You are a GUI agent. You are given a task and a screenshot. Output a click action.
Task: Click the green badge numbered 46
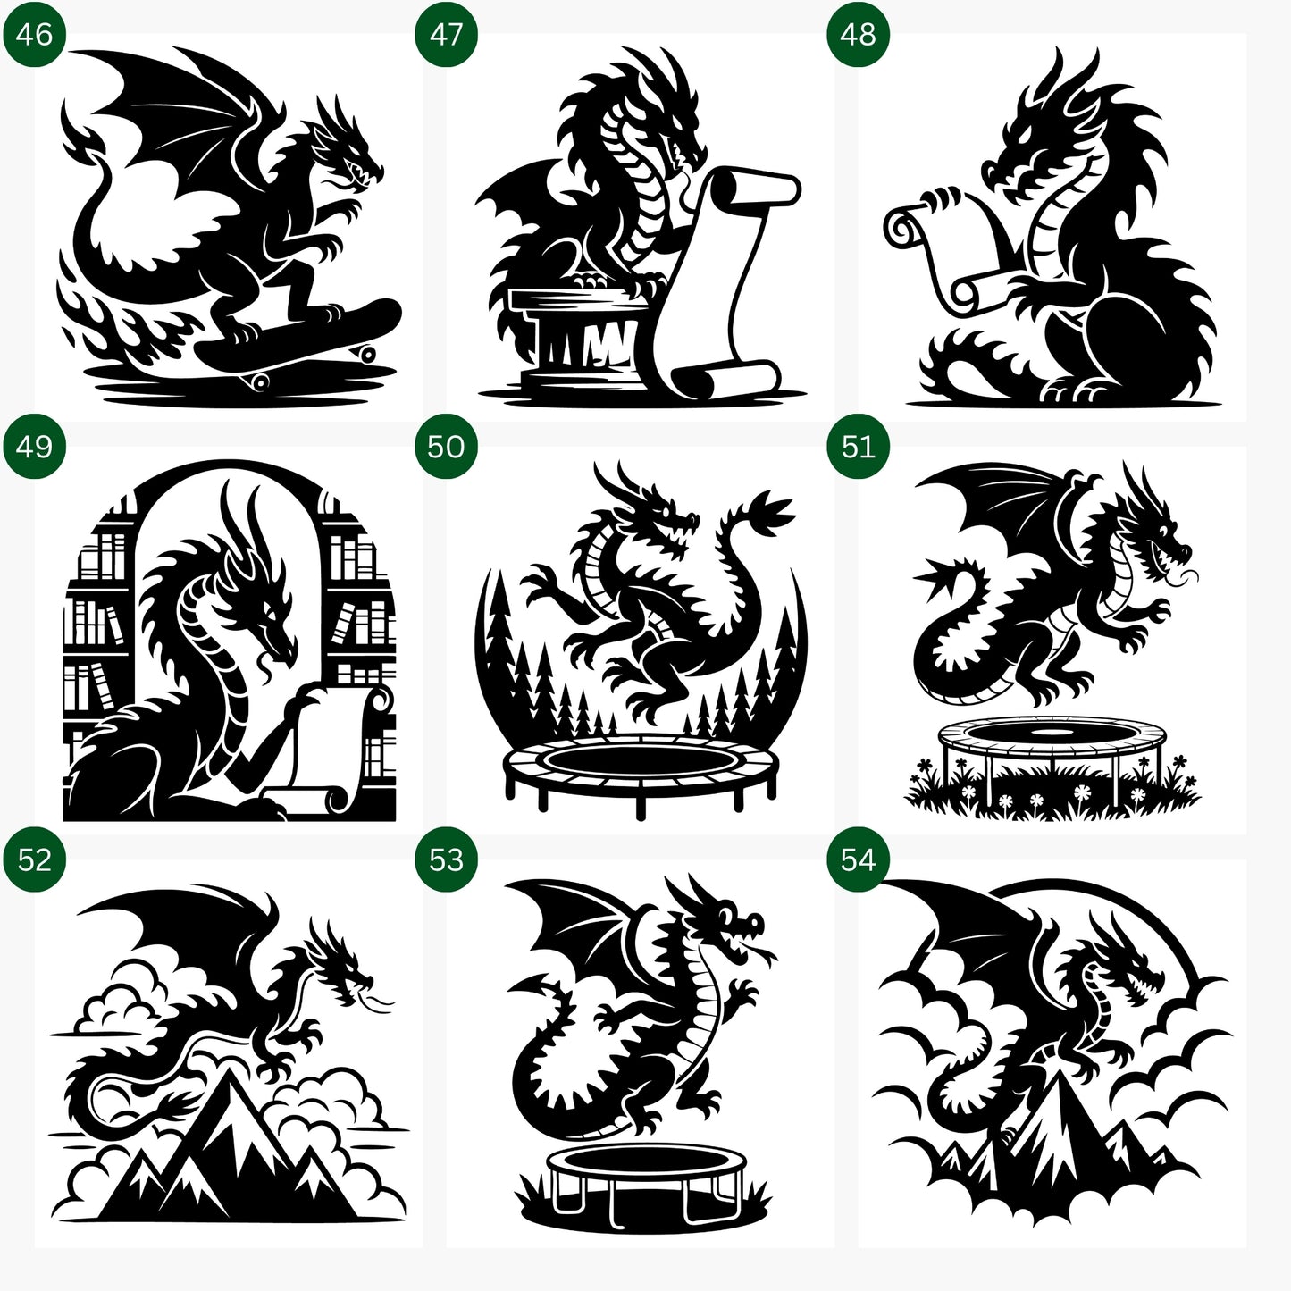[34, 35]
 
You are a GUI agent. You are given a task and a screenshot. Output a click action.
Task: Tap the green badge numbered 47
[446, 35]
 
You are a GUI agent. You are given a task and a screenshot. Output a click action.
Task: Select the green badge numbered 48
[858, 35]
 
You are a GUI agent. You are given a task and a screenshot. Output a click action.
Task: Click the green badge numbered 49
[34, 447]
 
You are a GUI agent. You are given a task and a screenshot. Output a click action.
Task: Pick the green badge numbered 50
[446, 447]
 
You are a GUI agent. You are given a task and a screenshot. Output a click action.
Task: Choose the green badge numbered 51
[858, 447]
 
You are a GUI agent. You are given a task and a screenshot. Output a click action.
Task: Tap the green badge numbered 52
[34, 859]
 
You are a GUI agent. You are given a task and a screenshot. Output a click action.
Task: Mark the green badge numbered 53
[446, 859]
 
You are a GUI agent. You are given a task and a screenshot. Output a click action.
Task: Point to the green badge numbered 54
[858, 859]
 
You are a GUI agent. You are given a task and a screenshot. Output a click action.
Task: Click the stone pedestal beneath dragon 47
[576, 335]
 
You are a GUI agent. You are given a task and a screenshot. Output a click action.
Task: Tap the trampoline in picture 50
[641, 768]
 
